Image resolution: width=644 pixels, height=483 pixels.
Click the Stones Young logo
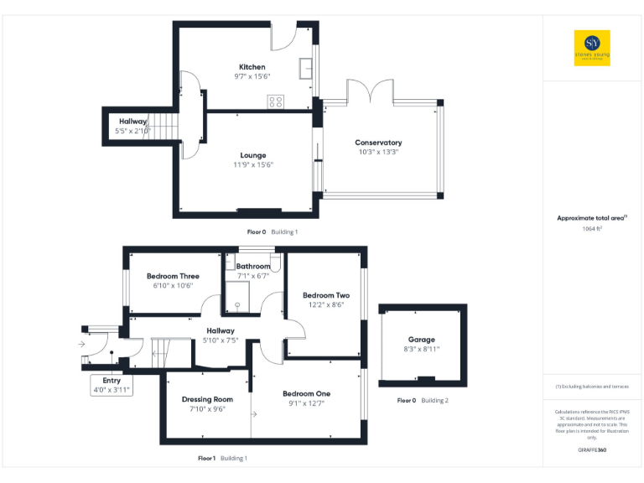click(x=592, y=47)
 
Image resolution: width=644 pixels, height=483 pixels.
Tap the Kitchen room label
click(x=252, y=67)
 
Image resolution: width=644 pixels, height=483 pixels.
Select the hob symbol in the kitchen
click(x=275, y=101)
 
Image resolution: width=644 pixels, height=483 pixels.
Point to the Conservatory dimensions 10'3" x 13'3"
click(x=378, y=152)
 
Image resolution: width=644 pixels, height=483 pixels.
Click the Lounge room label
click(x=253, y=155)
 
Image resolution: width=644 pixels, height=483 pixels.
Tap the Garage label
click(x=422, y=340)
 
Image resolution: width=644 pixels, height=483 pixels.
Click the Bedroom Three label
click(x=173, y=276)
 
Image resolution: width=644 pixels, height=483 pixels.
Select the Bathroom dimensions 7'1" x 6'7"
click(x=252, y=275)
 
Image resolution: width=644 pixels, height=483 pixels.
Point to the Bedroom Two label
click(x=326, y=295)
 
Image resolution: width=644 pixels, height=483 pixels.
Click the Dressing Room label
click(x=207, y=399)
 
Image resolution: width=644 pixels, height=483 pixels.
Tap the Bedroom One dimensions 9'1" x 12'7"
click(x=306, y=403)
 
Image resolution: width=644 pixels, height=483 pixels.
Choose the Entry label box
click(x=112, y=385)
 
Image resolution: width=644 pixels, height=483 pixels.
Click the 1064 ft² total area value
click(x=592, y=229)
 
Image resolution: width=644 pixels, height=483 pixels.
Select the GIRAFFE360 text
click(x=592, y=451)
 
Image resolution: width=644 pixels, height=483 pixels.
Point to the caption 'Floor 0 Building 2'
click(x=423, y=401)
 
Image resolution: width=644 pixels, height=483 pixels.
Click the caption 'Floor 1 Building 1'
click(x=222, y=459)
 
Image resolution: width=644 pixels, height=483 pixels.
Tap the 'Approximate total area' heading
click(x=592, y=218)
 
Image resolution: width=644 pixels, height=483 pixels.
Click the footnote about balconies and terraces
click(x=592, y=386)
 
